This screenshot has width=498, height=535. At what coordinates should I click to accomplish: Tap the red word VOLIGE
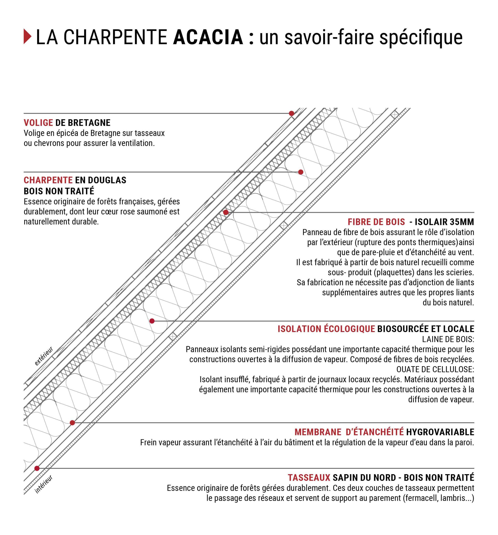coord(38,123)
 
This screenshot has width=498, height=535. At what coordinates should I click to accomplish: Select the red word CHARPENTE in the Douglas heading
coord(48,180)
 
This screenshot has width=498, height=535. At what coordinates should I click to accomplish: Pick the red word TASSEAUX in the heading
coord(309,478)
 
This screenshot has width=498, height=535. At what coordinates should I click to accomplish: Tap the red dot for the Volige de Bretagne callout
coord(291,113)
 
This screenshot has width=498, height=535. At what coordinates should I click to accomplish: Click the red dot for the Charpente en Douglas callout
coord(301,172)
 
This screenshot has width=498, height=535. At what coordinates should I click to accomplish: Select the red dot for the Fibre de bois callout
coord(226,212)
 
